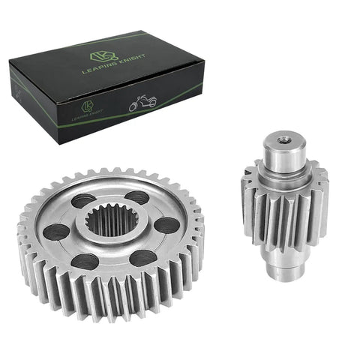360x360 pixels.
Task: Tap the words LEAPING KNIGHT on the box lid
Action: [114, 64]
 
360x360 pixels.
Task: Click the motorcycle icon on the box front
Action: [142, 103]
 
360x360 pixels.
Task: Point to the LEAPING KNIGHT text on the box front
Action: [88, 116]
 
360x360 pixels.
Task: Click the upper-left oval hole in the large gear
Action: [84, 200]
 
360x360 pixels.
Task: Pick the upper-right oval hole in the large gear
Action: [137, 197]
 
